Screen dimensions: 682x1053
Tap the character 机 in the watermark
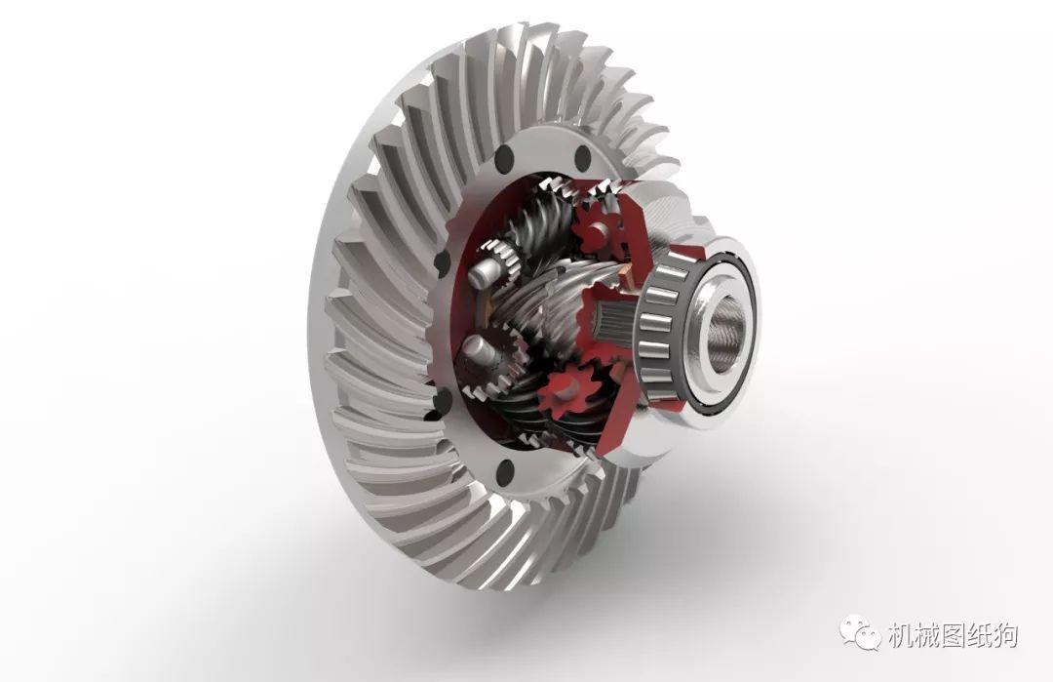(900, 636)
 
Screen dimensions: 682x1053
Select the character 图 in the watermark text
(951, 636)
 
